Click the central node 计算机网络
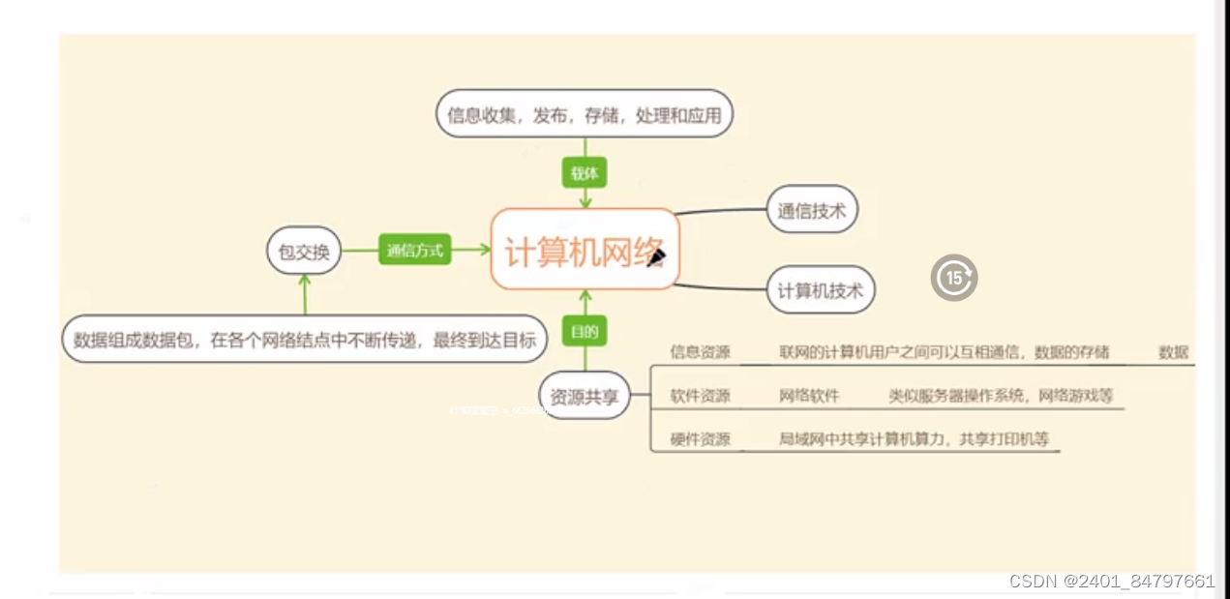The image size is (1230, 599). pyautogui.click(x=585, y=250)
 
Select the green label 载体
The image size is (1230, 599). pyautogui.click(x=585, y=173)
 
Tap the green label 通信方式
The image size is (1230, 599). pyautogui.click(x=414, y=251)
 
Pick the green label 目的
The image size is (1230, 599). pyautogui.click(x=585, y=332)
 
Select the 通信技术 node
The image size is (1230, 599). pyautogui.click(x=811, y=211)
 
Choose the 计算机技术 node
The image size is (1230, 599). pyautogui.click(x=820, y=289)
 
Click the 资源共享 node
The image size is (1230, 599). pyautogui.click(x=584, y=396)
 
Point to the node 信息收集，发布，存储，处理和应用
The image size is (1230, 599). pyautogui.click(x=585, y=115)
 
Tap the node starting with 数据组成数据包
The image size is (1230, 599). pyautogui.click(x=305, y=340)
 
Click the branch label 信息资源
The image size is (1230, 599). pyautogui.click(x=701, y=352)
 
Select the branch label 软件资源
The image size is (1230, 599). pyautogui.click(x=701, y=396)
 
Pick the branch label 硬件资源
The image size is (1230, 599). pyautogui.click(x=701, y=439)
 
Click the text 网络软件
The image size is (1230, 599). pyautogui.click(x=809, y=396)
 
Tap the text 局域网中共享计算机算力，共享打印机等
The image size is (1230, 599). pyautogui.click(x=914, y=439)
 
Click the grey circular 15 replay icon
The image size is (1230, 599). pyautogui.click(x=954, y=278)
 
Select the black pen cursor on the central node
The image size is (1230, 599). pyautogui.click(x=657, y=256)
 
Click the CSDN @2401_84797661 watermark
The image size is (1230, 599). pyautogui.click(x=1112, y=581)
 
